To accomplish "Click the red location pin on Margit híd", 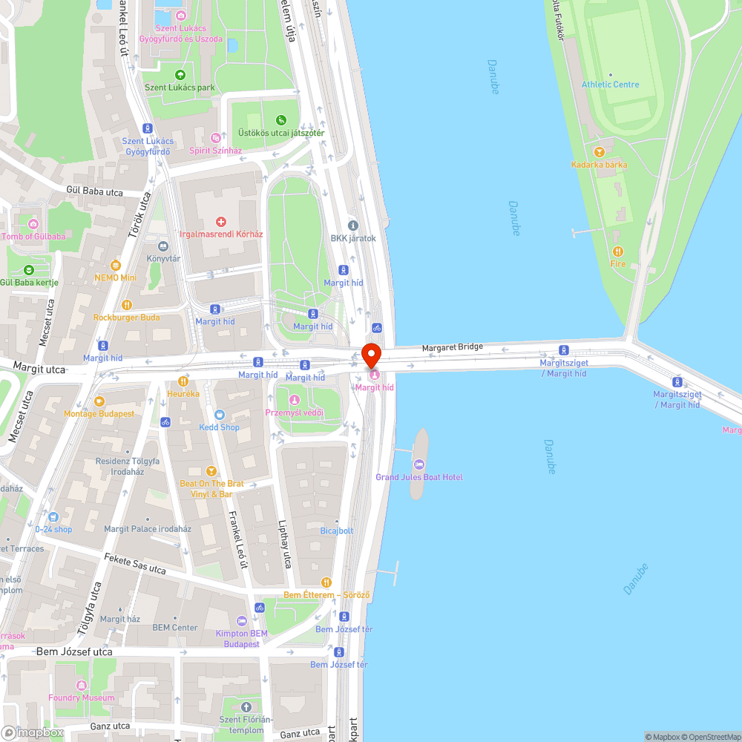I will [371, 354].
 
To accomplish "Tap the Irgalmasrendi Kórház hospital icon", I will [220, 222].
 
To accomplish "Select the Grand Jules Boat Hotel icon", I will [419, 464].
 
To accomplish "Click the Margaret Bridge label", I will [453, 347].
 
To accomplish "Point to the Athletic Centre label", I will [610, 85].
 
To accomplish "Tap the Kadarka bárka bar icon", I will [599, 152].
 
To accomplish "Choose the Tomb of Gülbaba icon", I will [33, 224].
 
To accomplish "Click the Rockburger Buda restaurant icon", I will [126, 304].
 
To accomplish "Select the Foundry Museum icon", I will [82, 685].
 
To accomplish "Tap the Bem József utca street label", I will [74, 651].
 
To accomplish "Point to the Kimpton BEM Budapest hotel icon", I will [241, 621].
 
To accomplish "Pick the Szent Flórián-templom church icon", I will [246, 706].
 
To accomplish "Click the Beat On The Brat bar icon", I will [211, 470].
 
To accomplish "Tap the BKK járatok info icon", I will [353, 226].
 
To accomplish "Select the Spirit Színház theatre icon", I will [215, 138].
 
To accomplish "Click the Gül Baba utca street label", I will [94, 191].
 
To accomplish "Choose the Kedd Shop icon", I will [219, 415].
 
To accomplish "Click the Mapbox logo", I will [33, 732].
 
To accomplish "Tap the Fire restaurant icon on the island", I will [617, 252].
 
